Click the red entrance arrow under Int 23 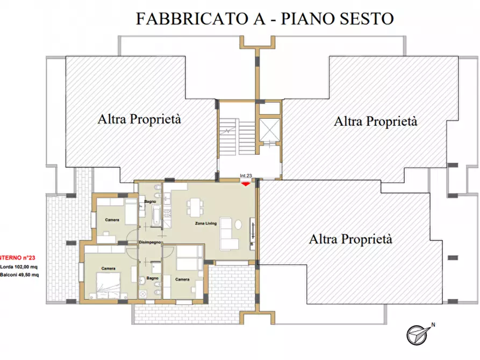pos(246,184)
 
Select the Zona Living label pos(205,223)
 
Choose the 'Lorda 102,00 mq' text pos(19,267)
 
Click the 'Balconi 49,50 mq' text pos(19,275)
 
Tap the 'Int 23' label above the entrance pos(246,177)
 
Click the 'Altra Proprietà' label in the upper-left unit pos(139,119)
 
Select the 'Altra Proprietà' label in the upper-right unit pos(375,121)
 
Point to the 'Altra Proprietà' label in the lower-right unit pos(350,239)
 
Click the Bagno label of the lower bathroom pos(152,278)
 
